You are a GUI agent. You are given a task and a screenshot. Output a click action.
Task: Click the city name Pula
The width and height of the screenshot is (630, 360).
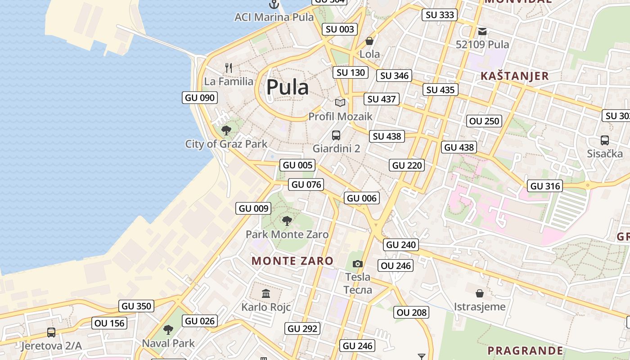(288, 87)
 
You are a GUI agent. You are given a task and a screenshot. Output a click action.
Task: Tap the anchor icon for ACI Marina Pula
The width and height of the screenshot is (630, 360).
(274, 5)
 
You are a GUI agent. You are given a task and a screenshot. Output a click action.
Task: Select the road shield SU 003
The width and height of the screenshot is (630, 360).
(340, 29)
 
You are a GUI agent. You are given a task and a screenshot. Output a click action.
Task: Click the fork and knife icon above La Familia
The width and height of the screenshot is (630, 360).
(229, 68)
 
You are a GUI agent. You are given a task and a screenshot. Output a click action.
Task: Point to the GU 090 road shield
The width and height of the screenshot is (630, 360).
(200, 97)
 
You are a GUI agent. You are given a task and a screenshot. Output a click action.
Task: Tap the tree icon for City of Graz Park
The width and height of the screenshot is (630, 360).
(226, 130)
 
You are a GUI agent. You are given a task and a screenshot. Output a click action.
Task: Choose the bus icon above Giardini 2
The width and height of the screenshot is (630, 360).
(336, 135)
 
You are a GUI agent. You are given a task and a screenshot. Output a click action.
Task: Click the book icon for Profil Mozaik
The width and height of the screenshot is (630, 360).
(340, 103)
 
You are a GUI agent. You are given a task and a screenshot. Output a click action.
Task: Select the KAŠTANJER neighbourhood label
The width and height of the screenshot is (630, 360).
(515, 76)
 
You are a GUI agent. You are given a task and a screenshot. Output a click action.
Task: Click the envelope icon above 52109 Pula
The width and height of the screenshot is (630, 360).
(482, 31)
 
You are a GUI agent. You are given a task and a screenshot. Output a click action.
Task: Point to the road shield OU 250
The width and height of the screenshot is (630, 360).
(484, 121)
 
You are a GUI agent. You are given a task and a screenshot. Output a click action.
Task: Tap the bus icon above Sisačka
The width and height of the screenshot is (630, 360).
(604, 140)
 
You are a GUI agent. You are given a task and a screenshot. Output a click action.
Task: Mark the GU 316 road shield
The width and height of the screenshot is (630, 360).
(545, 186)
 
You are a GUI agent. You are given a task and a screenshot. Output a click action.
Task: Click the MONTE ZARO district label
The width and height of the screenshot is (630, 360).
(292, 261)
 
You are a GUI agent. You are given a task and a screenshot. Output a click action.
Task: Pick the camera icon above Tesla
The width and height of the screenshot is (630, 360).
(358, 264)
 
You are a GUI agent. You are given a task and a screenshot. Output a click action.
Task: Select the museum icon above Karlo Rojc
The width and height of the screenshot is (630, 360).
(266, 293)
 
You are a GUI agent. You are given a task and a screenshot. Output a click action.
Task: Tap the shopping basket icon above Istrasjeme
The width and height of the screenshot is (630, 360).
(480, 293)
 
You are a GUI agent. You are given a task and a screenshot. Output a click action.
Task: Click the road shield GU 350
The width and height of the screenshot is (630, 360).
(137, 306)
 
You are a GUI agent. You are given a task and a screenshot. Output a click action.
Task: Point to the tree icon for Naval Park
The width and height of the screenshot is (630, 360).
(168, 330)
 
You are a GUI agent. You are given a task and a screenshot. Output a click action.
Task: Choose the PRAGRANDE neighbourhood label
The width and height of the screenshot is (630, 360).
(525, 351)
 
